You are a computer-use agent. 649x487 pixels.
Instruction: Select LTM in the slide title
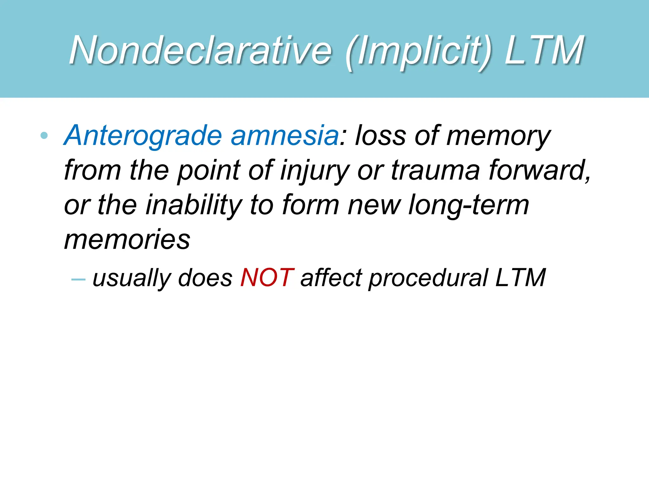tap(544, 50)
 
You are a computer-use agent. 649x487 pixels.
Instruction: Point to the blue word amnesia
tap(285, 136)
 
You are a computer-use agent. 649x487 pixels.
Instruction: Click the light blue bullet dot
tap(44, 136)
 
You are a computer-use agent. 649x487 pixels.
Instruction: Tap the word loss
tap(380, 136)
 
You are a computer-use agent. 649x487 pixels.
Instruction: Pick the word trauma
tap(435, 171)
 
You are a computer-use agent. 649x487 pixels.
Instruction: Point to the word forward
tap(539, 171)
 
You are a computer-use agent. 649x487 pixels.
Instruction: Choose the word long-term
tap(469, 205)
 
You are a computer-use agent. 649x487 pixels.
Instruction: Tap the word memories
tap(127, 240)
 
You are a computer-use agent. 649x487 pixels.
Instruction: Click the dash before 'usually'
tap(78, 279)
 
